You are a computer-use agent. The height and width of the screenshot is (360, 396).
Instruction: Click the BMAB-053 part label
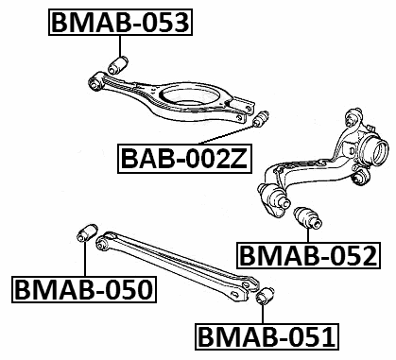[119, 21]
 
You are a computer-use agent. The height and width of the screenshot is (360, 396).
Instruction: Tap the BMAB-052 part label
[307, 255]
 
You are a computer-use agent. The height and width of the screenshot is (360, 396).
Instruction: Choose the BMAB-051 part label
[265, 334]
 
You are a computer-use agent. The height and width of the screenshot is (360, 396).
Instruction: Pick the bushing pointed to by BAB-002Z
[262, 121]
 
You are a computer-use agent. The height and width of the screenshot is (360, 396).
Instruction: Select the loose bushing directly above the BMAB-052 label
[309, 217]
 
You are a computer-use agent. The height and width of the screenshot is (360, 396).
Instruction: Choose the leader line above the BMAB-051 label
[265, 315]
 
